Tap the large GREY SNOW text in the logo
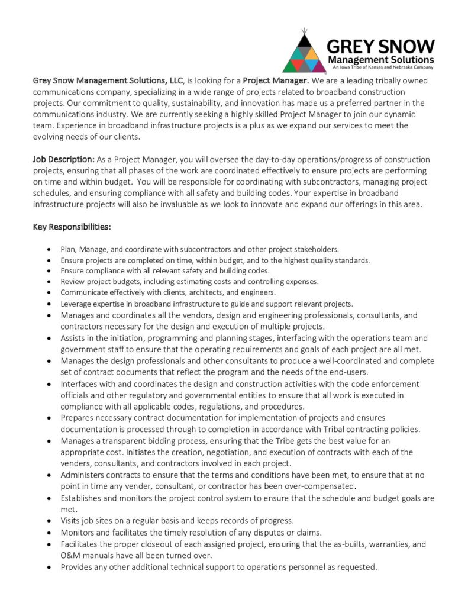(x=381, y=46)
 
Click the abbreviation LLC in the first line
(x=176, y=80)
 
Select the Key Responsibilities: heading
(x=72, y=227)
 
